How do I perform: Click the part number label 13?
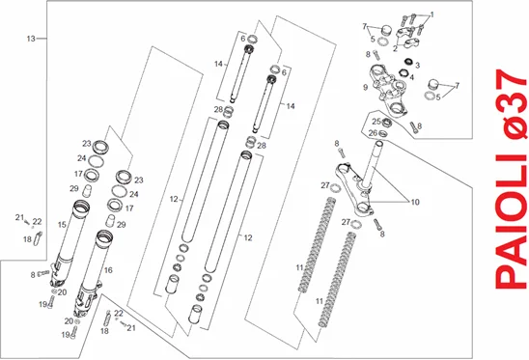click(31, 39)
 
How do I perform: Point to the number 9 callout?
click(365, 88)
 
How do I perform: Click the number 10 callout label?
click(415, 202)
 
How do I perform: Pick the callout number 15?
click(62, 224)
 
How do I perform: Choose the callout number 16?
click(108, 270)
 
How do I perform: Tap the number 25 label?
click(376, 121)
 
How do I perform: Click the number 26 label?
click(373, 133)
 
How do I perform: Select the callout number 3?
click(417, 65)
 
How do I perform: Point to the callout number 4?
click(411, 77)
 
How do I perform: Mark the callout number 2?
click(395, 48)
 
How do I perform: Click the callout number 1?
click(432, 14)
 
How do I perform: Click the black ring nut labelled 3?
click(409, 62)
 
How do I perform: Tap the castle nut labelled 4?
click(404, 72)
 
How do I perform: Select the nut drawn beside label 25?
click(387, 122)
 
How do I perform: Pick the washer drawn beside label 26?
click(382, 133)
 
